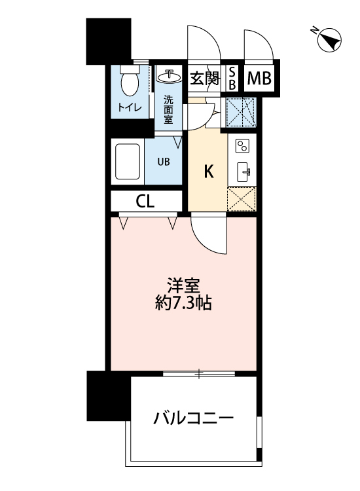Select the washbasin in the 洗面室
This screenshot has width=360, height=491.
click(170, 76)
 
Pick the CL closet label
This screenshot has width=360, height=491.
click(145, 202)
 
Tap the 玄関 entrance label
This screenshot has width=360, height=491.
click(204, 79)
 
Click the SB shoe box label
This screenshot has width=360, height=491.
click(232, 79)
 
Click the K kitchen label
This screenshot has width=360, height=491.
click(209, 172)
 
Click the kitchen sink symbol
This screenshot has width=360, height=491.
click(242, 172)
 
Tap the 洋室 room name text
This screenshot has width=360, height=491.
click(183, 286)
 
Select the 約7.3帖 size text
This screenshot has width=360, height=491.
click(183, 304)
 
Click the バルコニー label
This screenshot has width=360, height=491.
click(194, 417)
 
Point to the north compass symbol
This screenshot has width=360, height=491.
click(327, 41)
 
